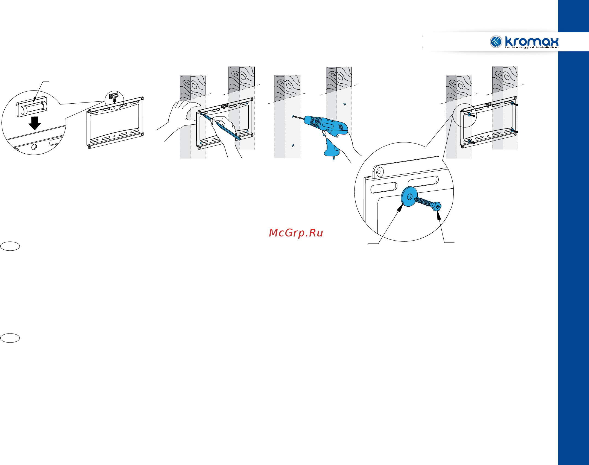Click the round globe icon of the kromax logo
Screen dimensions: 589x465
coord(496,42)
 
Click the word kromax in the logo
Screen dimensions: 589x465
coord(532,41)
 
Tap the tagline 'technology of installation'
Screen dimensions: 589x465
coord(532,47)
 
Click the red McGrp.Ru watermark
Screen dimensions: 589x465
coord(296,233)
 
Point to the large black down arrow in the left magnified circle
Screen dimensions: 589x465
coord(35,123)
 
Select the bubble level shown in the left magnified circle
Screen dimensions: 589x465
coord(32,107)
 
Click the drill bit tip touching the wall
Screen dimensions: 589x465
coord(293,116)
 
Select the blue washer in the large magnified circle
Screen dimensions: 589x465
coord(409,197)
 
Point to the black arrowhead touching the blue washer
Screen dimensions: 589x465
coord(400,208)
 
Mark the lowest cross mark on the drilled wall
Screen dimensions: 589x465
coord(293,145)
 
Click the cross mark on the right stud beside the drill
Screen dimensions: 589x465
coord(345,104)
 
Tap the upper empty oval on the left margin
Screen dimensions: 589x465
coord(10,246)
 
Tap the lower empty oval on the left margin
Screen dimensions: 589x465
coord(10,338)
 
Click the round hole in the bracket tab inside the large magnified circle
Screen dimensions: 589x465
coord(380,172)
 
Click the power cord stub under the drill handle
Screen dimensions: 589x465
coord(333,158)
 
